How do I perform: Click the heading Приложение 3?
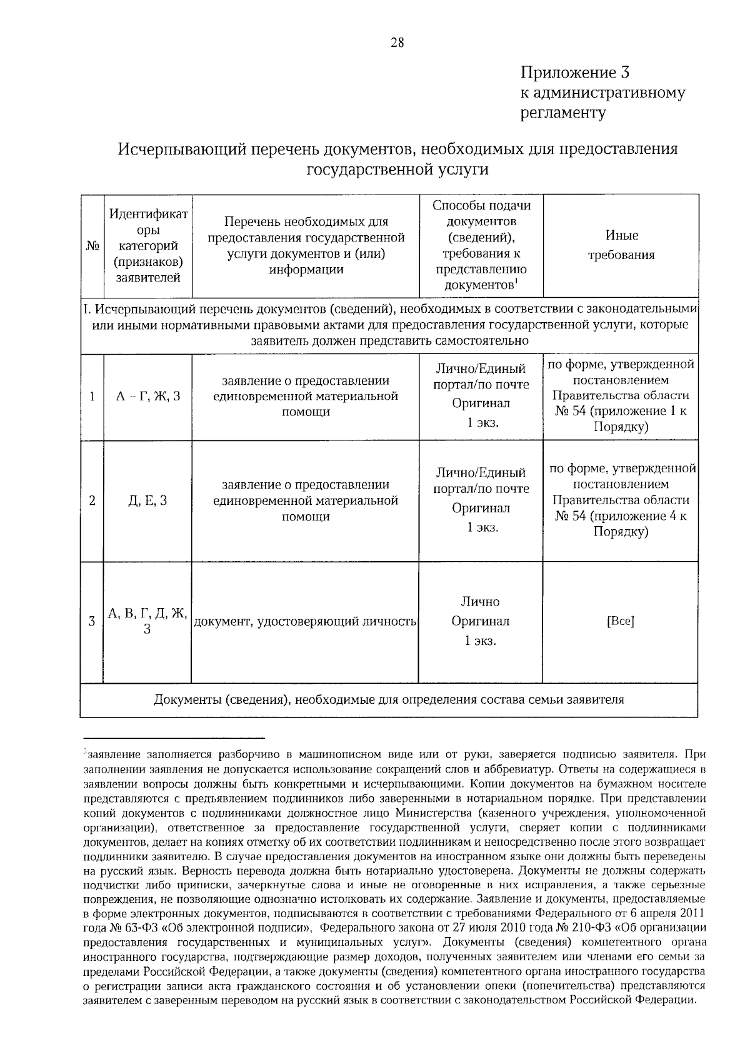[x=574, y=73]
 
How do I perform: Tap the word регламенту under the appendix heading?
[x=563, y=113]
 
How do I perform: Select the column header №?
[x=92, y=246]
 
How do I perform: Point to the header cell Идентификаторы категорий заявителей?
[x=148, y=246]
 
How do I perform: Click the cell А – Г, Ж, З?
[x=148, y=397]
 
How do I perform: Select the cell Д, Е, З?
[x=148, y=501]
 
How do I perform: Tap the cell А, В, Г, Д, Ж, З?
[x=147, y=621]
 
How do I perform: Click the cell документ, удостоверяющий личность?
[x=305, y=622]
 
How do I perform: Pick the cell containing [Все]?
[x=620, y=622]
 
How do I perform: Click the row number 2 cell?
[x=92, y=501]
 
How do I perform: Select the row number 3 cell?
[x=92, y=622]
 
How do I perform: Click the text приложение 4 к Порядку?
[x=631, y=524]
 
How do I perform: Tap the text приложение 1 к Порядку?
[x=631, y=419]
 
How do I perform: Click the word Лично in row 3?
[x=480, y=602]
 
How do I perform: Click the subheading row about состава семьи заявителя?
[x=389, y=700]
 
